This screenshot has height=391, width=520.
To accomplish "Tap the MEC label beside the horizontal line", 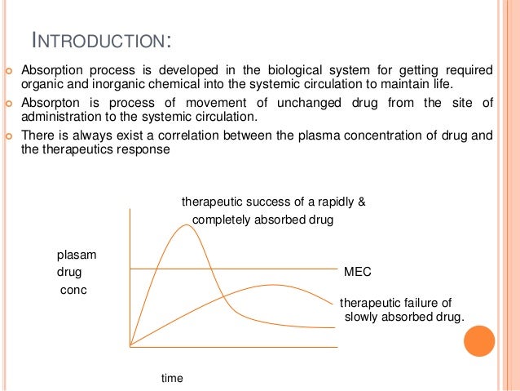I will pyautogui.click(x=358, y=269).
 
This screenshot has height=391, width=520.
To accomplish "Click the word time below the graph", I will pyautogui.click(x=172, y=378).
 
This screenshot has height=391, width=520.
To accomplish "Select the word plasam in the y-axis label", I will pyautogui.click(x=74, y=253).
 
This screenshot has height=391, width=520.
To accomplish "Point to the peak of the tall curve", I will pyautogui.click(x=187, y=225).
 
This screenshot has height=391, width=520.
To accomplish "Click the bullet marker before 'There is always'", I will pyautogui.click(x=10, y=136).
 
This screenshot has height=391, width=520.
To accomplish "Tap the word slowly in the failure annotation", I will pyautogui.click(x=364, y=317).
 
